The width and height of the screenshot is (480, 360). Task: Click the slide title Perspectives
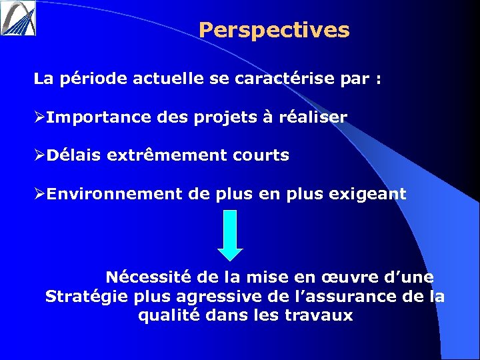[x=274, y=31]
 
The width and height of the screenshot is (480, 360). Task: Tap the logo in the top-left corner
[x=18, y=17]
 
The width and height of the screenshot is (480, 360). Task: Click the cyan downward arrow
[x=230, y=235]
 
